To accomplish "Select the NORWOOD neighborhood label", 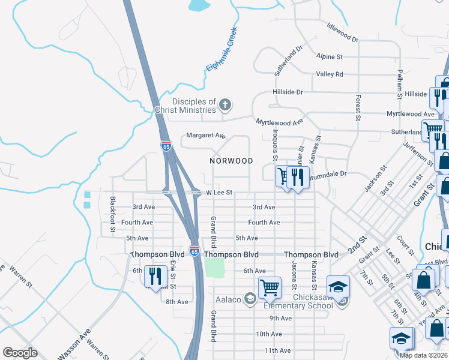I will tap(231, 161).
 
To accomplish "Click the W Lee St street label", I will tap(219, 193).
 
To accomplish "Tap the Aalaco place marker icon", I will tap(249, 299).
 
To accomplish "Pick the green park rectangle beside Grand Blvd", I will tap(214, 267).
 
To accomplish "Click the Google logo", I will tap(20, 353).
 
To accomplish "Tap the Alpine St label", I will tap(330, 56).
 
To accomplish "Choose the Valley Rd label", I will tap(331, 74).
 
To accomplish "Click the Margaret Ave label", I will tap(205, 136).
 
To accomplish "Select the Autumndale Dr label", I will tap(327, 174).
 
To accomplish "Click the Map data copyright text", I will tap(423, 355).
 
